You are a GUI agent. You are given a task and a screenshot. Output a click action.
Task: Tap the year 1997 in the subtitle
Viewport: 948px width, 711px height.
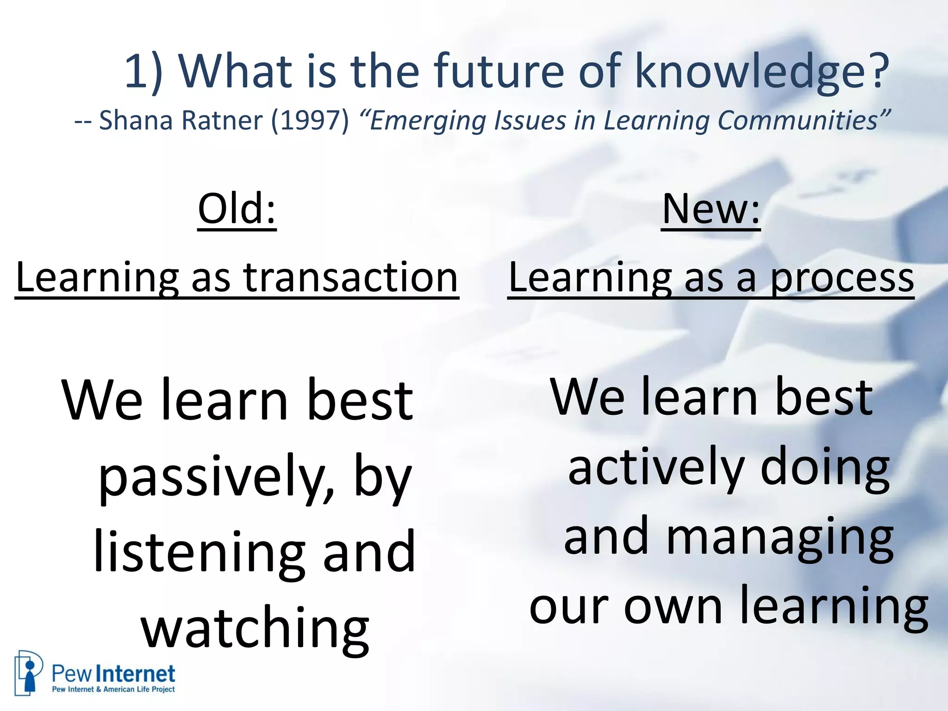click(x=310, y=120)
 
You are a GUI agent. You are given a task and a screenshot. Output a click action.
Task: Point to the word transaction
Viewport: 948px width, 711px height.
click(x=350, y=277)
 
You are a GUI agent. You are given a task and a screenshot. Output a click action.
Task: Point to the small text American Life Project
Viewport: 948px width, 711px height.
click(x=139, y=689)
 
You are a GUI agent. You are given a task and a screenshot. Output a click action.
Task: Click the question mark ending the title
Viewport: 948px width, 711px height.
click(x=878, y=72)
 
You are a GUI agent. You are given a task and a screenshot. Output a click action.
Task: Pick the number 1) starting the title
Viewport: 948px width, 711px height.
click(x=143, y=72)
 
